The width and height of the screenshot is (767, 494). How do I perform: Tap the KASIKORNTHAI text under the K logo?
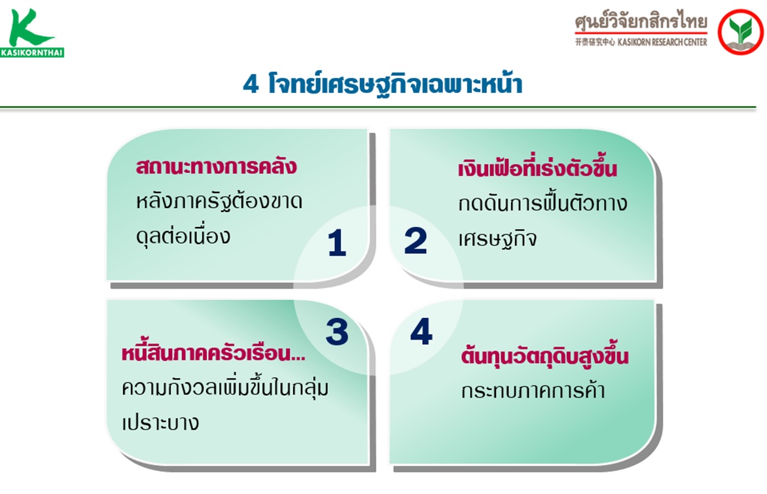(32, 52)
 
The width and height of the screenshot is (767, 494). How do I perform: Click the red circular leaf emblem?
(740, 32)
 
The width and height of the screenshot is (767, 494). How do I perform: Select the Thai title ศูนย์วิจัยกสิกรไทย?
(641, 22)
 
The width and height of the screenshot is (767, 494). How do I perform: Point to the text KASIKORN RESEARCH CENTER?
(662, 42)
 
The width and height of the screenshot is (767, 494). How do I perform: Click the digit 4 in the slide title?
(251, 84)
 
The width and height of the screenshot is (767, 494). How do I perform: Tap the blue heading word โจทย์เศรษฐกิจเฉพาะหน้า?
(395, 84)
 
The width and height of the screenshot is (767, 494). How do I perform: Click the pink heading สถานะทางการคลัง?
(216, 166)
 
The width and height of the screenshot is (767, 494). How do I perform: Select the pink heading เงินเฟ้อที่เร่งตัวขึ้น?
(537, 168)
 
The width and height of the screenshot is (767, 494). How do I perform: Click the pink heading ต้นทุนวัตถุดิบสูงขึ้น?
(544, 355)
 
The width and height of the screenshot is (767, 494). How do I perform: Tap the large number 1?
(337, 243)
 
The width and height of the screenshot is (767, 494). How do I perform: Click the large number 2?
(416, 241)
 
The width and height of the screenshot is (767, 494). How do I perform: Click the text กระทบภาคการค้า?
(533, 391)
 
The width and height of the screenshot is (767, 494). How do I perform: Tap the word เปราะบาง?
(160, 423)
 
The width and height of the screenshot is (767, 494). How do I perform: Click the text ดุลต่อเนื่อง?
(183, 236)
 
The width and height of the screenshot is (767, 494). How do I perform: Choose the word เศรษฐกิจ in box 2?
(497, 239)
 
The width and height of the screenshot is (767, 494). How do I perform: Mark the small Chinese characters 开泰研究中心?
(595, 42)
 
